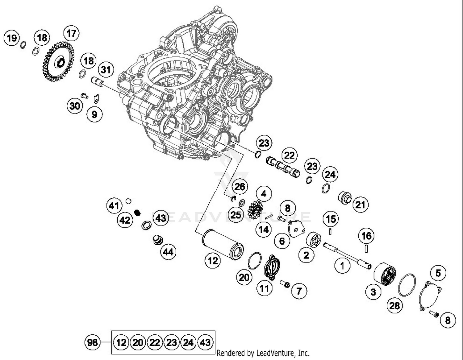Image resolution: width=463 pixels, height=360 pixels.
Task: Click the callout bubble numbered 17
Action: tap(71, 33)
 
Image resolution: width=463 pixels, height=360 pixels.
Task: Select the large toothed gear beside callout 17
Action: tap(58, 62)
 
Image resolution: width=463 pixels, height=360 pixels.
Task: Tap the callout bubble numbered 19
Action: tap(12, 38)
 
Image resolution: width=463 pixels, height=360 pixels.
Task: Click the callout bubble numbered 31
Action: tap(106, 69)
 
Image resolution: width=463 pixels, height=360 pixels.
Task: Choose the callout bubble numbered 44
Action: tap(168, 252)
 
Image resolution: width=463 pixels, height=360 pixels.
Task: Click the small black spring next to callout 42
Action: tap(138, 212)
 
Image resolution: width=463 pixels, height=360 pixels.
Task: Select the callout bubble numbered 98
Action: tap(92, 342)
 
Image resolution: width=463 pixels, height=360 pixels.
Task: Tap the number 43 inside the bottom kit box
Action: tap(205, 342)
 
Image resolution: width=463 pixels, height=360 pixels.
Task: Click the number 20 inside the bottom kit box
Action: tap(138, 342)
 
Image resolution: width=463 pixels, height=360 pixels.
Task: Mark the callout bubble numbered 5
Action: tap(438, 273)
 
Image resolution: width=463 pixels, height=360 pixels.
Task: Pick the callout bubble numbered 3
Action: tap(373, 292)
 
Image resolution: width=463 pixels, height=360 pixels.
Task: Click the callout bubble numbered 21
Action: tap(360, 205)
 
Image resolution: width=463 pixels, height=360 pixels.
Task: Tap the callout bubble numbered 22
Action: tap(289, 155)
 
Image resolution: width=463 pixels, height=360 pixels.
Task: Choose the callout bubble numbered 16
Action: tap(366, 236)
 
